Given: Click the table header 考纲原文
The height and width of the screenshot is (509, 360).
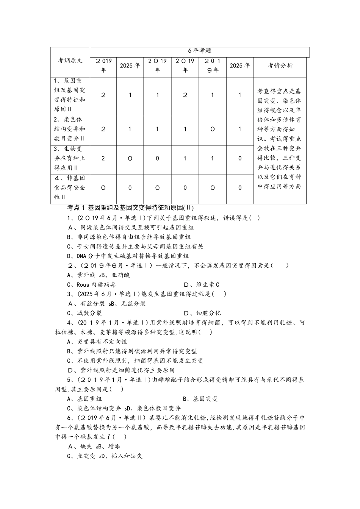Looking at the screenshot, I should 70,61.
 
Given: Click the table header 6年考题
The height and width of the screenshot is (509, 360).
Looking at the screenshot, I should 199,51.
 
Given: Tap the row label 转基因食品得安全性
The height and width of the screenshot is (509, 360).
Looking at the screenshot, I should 70,187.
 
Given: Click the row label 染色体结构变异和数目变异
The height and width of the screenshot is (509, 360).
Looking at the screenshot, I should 70,129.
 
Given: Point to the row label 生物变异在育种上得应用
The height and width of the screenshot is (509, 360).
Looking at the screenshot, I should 70,158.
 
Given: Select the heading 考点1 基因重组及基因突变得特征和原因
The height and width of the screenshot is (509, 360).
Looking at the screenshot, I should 130,208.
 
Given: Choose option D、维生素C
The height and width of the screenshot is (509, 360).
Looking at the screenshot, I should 202,285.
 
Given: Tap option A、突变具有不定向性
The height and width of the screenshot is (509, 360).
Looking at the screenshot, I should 97,342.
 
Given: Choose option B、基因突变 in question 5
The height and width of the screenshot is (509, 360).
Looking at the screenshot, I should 200,399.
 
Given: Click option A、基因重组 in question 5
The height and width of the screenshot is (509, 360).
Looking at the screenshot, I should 84,399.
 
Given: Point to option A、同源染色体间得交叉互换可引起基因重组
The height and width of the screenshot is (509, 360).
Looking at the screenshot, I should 131,227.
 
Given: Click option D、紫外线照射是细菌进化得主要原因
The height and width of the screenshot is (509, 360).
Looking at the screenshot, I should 121,370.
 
